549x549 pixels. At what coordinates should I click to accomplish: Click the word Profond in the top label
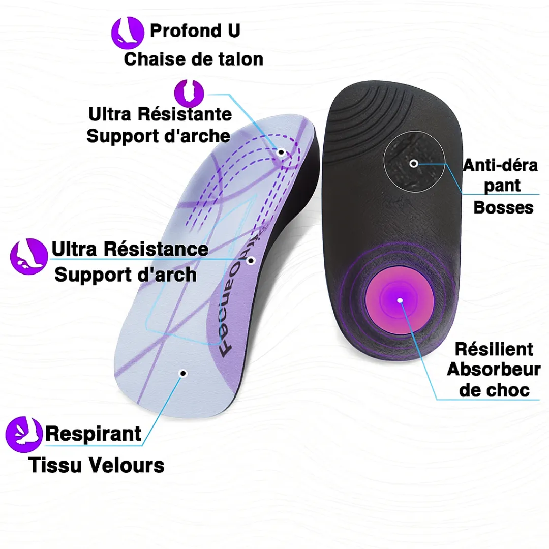(x=186, y=31)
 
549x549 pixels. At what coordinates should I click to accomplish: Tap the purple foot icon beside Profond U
(x=128, y=33)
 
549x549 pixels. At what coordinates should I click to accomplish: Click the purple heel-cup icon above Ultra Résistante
(x=189, y=93)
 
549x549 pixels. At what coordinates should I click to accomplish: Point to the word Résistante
(x=185, y=114)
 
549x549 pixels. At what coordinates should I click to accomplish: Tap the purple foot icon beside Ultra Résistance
(x=28, y=256)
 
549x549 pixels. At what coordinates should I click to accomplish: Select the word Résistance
(x=156, y=249)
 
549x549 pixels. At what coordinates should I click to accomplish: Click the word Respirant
(x=93, y=434)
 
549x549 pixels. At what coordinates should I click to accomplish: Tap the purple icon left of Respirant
(x=24, y=434)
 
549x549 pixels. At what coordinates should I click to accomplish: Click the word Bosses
(x=503, y=207)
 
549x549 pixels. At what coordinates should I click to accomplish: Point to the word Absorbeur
(x=494, y=370)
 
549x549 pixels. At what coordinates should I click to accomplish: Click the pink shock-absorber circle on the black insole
(x=400, y=300)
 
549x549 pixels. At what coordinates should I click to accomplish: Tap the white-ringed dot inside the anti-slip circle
(x=414, y=164)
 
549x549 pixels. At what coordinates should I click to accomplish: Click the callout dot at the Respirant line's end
(x=183, y=373)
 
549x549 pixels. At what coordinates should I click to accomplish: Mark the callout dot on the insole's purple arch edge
(x=251, y=261)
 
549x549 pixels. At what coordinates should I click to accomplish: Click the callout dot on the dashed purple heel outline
(x=281, y=152)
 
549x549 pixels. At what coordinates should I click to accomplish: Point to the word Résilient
(x=494, y=349)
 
